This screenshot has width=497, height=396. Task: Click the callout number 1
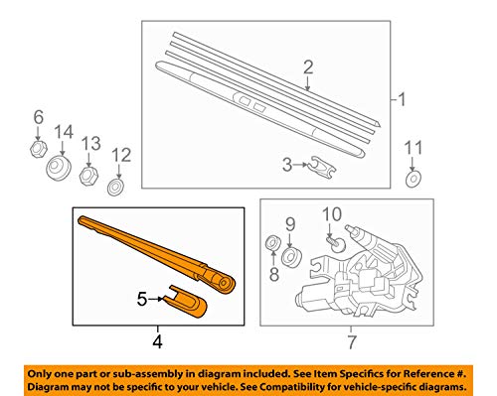(x=403, y=99)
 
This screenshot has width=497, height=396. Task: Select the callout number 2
(x=308, y=67)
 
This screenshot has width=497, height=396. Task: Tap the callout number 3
(x=287, y=164)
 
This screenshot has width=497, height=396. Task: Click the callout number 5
(x=142, y=296)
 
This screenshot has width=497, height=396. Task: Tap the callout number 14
(x=64, y=132)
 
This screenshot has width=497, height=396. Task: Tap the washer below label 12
(x=117, y=185)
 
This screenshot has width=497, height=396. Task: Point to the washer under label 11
(x=413, y=181)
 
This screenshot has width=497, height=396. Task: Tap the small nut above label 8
(x=270, y=244)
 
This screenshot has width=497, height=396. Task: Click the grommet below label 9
(x=290, y=257)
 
